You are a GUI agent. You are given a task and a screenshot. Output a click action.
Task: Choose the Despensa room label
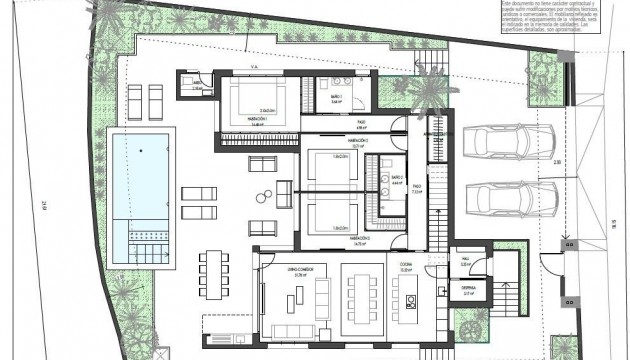469,289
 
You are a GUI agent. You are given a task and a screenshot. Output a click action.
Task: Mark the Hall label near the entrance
466,262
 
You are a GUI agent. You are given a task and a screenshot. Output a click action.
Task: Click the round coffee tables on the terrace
263,194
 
